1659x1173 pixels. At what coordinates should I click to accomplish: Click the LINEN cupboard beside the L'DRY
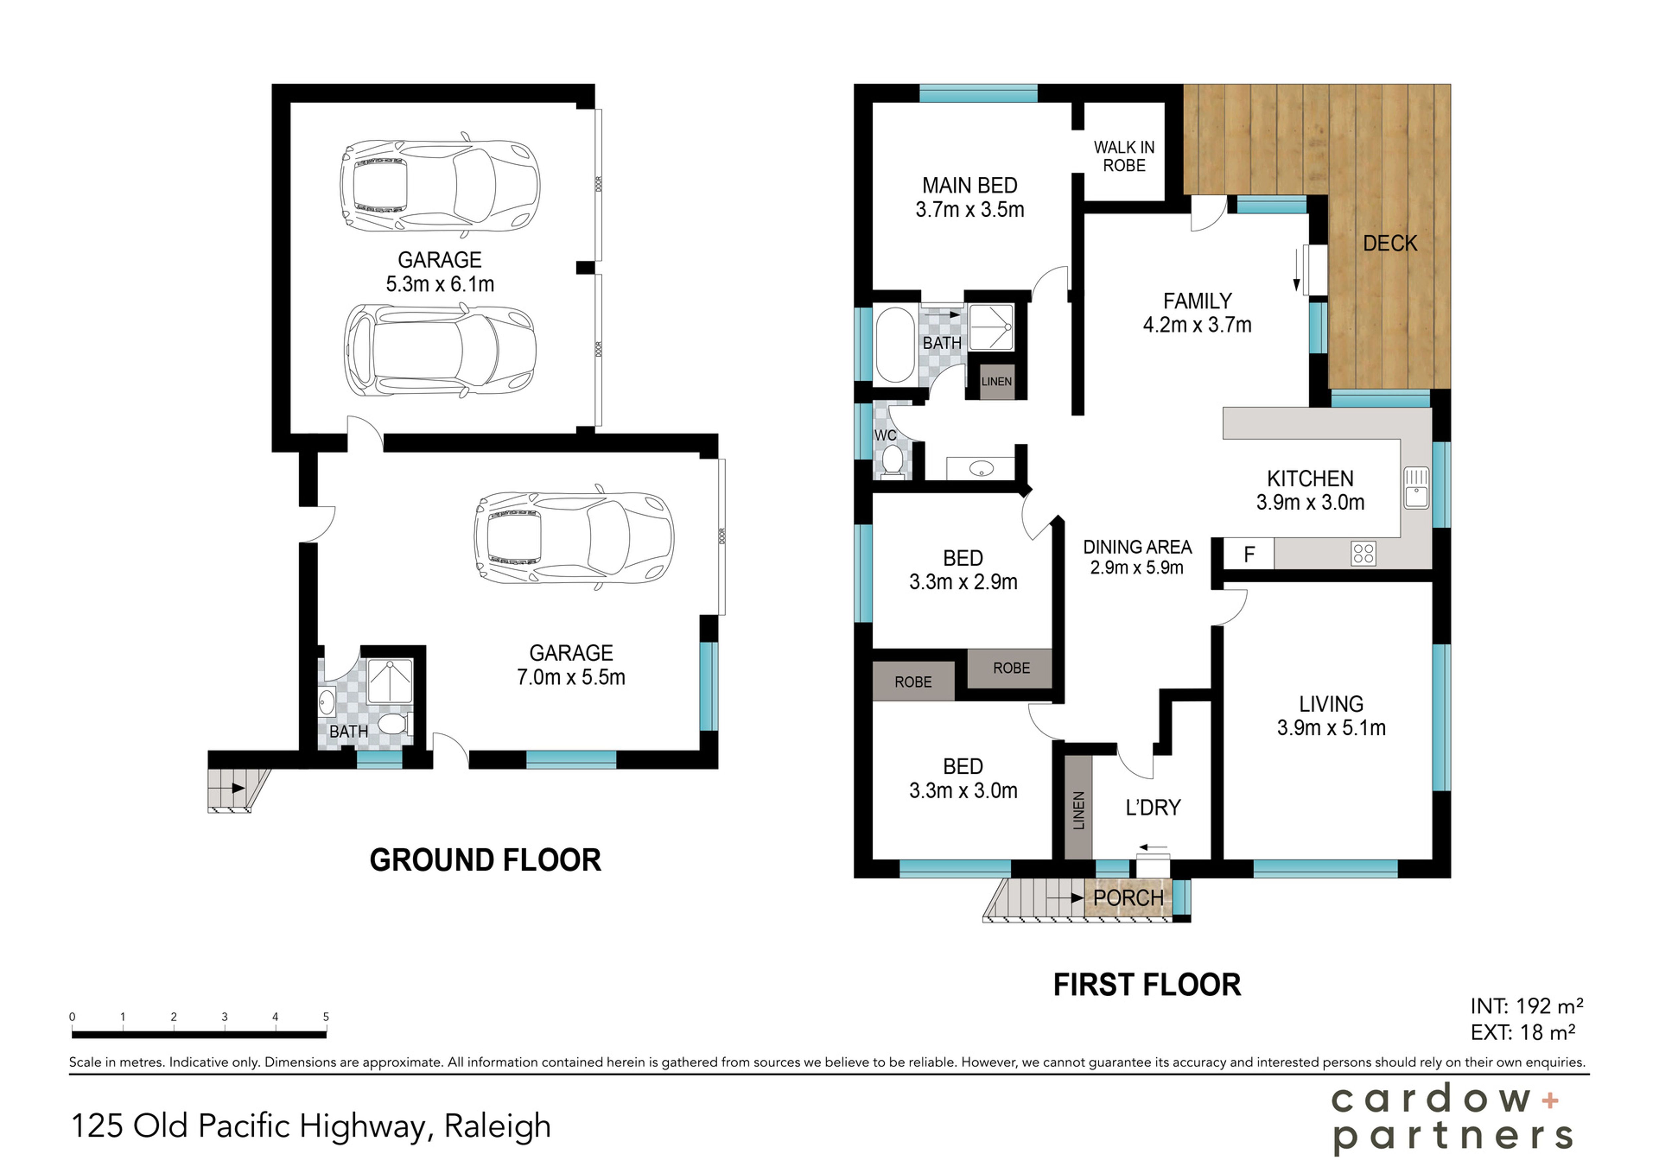tap(1078, 809)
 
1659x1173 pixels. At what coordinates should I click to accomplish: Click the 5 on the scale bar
tap(326, 1016)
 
